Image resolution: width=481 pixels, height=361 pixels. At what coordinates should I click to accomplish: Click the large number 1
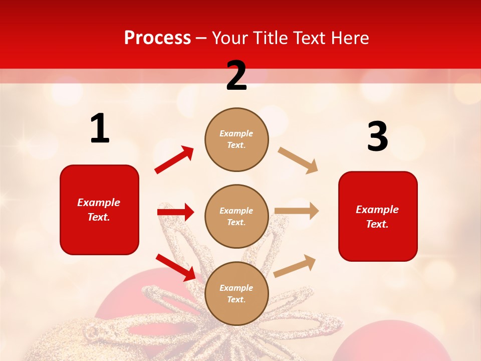100,129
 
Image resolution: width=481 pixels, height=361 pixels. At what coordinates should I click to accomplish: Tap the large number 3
377,137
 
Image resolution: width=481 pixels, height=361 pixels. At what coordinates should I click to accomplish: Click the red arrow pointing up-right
174,160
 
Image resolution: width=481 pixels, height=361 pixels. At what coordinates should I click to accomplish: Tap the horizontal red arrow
175,212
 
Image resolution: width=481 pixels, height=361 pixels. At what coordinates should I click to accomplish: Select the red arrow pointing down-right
175,267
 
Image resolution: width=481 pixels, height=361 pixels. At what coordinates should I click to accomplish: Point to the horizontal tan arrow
297,211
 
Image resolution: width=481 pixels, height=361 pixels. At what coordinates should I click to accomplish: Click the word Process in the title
157,38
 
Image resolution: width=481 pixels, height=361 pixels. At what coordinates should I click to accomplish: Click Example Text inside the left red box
99,210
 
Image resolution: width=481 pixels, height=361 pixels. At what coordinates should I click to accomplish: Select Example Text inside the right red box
377,217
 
